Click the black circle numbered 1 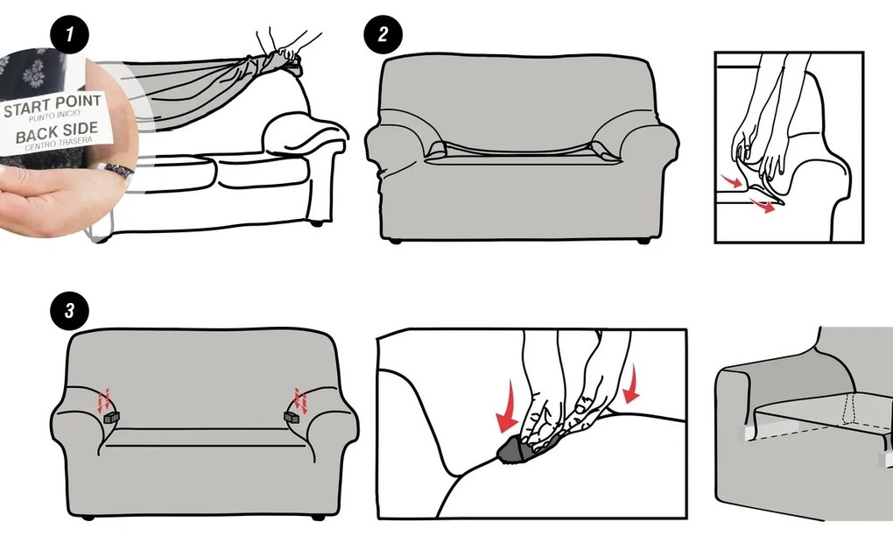[x=69, y=35]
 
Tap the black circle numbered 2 [x=383, y=35]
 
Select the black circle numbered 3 [x=69, y=311]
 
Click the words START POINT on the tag [x=53, y=106]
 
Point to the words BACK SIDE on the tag [x=57, y=132]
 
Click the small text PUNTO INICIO [x=54, y=116]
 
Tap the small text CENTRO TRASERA [x=59, y=143]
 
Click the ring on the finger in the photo [x=116, y=169]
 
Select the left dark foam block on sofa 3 [x=111, y=418]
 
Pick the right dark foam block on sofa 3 [x=292, y=418]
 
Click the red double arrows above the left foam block [x=103, y=401]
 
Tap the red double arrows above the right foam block [x=300, y=400]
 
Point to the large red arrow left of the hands [x=506, y=408]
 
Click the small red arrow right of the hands [x=631, y=384]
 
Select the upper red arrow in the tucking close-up [x=732, y=181]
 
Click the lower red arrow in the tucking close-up [x=762, y=206]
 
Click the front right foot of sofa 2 [x=643, y=241]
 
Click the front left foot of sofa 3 [x=88, y=518]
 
